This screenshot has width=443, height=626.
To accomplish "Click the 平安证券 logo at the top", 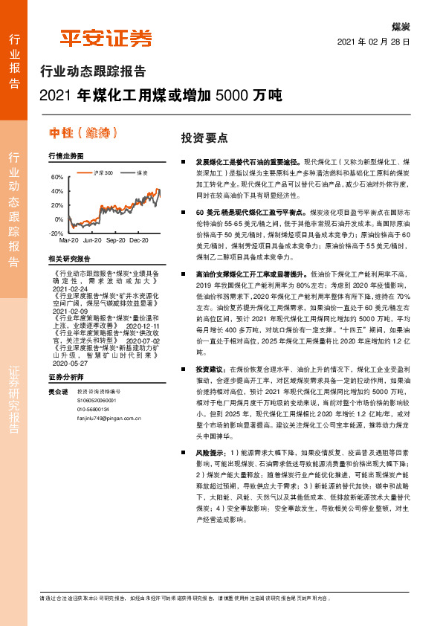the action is (106, 39).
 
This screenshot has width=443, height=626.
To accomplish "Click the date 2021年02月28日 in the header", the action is (374, 42).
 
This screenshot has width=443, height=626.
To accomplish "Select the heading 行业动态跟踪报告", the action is (92, 72).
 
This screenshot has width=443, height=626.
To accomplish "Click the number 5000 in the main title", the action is (230, 96).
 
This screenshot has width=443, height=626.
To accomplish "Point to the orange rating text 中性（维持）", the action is (83, 133).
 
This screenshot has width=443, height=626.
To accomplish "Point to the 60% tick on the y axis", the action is (57, 178).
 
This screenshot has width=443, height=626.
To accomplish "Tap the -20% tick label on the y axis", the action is (56, 233).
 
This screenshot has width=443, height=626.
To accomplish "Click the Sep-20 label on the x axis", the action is (116, 241).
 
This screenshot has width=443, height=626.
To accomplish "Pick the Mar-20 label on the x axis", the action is (68, 241).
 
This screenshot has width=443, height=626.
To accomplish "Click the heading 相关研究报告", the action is (68, 258).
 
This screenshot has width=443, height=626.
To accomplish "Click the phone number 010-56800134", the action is (93, 408).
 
